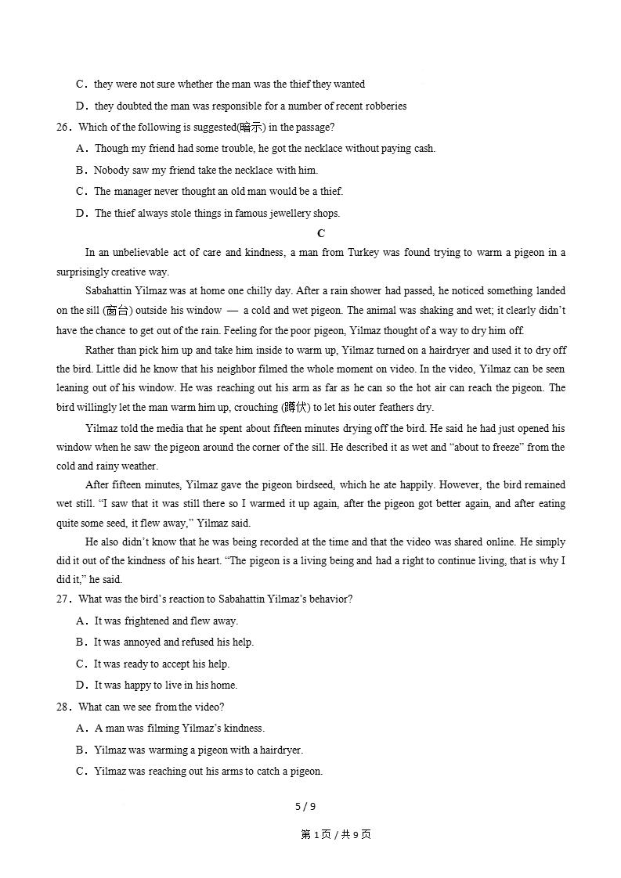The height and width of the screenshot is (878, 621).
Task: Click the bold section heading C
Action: coord(321,233)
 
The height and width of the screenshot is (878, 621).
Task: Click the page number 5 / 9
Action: coord(305,807)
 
